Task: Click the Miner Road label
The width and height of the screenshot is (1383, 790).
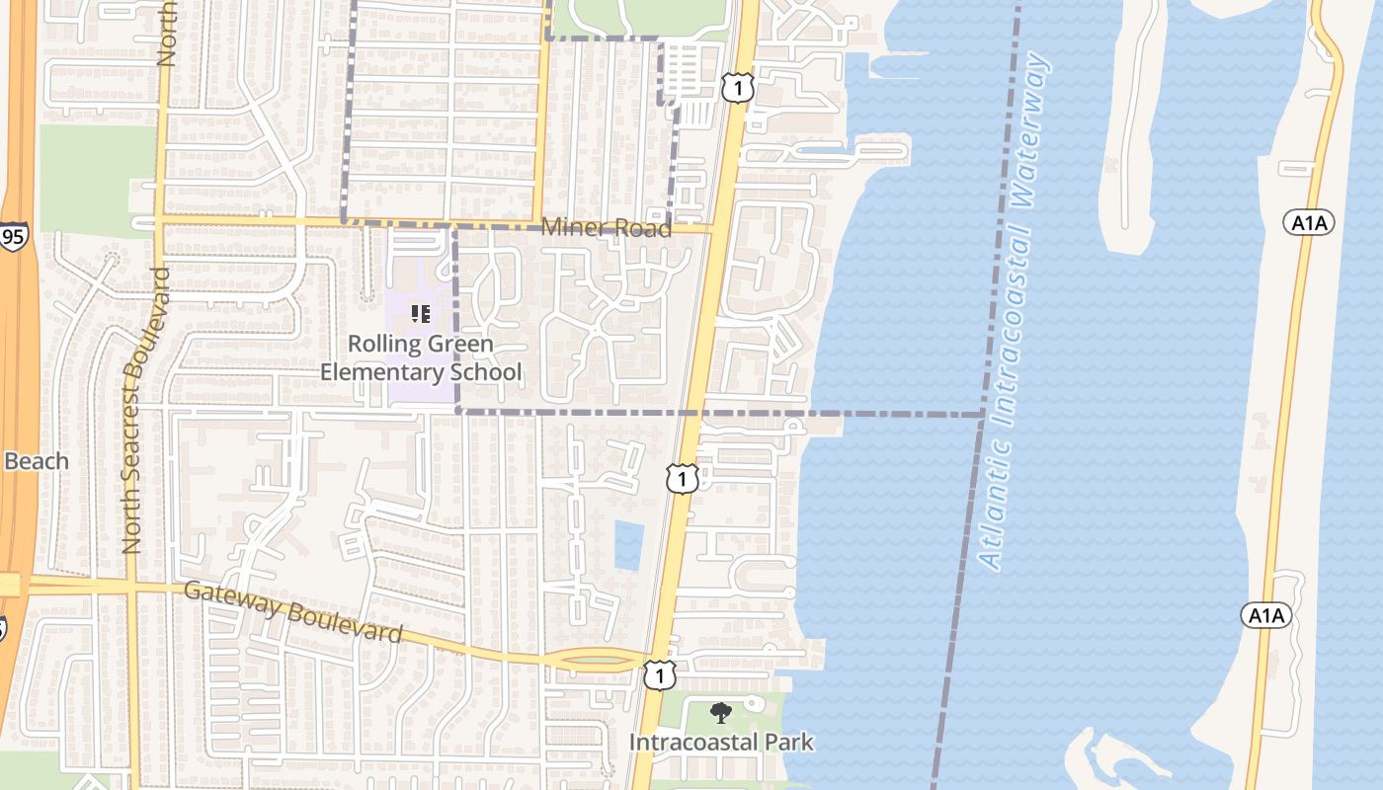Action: click(606, 228)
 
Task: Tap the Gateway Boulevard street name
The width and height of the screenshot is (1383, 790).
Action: click(293, 612)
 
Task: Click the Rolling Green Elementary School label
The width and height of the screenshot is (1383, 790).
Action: click(421, 358)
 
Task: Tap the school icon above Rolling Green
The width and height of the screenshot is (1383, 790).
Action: click(421, 315)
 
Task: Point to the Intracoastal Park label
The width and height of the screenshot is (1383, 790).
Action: click(721, 742)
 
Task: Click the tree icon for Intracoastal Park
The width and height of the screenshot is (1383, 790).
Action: click(721, 713)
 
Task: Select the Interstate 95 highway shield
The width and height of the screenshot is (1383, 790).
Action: click(13, 237)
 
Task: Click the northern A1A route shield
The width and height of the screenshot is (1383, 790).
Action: click(1310, 222)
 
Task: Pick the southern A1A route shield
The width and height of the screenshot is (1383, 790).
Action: click(1266, 616)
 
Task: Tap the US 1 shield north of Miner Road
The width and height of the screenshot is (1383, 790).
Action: click(738, 88)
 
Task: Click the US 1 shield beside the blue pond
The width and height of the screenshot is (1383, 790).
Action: click(683, 479)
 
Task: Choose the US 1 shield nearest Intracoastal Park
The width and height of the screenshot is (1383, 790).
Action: click(659, 675)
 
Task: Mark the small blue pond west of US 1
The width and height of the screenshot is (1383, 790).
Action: click(628, 545)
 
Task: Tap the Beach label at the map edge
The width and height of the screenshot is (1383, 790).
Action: click(37, 461)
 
